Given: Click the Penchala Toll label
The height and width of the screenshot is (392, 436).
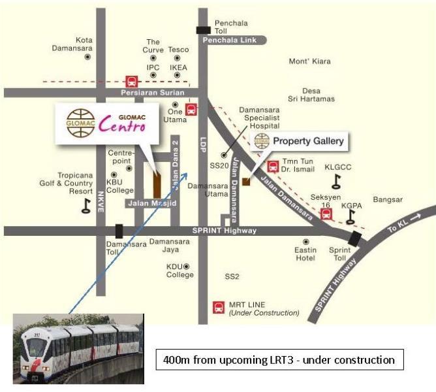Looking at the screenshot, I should [231, 27].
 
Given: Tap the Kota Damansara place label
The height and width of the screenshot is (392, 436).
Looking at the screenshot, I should [84, 44].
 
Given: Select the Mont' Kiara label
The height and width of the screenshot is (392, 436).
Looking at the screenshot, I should [309, 61].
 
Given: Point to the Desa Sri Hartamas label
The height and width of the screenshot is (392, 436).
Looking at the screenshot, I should [311, 95].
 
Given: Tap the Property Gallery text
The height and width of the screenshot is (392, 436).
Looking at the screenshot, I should [307, 140].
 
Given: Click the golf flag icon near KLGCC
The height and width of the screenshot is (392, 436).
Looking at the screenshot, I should [337, 181].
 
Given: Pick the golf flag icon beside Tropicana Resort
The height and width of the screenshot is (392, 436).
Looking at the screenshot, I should [86, 206].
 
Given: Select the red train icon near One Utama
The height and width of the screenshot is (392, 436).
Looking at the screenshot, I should [191, 110].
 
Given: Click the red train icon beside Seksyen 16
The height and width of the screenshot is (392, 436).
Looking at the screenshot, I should [327, 213].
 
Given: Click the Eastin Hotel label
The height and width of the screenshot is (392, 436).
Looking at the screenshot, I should [305, 253].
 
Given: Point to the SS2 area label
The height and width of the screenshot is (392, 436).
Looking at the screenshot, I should [232, 276].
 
